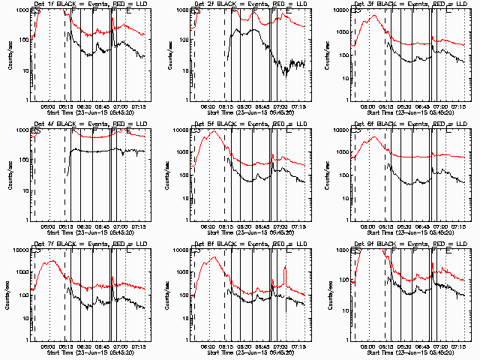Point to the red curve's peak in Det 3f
pos(373,15)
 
